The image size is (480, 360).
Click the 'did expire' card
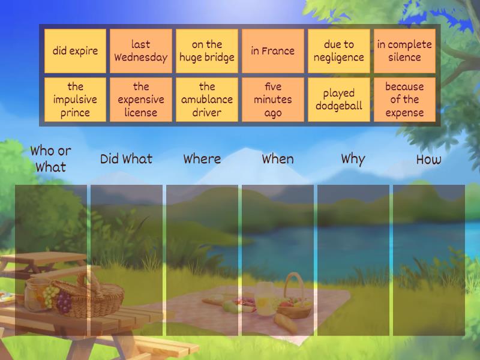pyautogui.click(x=75, y=51)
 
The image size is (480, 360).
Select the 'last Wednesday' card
pyautogui.click(x=141, y=51)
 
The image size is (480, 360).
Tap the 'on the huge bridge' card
pyautogui.click(x=207, y=51)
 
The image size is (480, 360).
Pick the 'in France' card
pyautogui.click(x=273, y=51)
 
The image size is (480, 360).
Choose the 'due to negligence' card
pyautogui.click(x=339, y=51)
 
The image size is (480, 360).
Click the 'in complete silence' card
pyautogui.click(x=404, y=51)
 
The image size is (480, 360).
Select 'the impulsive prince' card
pyautogui.click(x=75, y=100)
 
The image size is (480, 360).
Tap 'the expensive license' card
pyautogui.click(x=141, y=100)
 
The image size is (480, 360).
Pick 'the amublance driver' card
pyautogui.click(x=207, y=100)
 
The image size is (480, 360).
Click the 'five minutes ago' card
pyautogui.click(x=273, y=100)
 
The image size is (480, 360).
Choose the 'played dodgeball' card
pyautogui.click(x=339, y=100)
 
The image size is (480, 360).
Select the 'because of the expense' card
pyautogui.click(x=404, y=100)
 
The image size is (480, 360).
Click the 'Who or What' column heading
pyautogui.click(x=51, y=159)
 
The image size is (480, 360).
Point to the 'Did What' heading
pyautogui.click(x=126, y=159)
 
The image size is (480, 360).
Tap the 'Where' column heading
pyautogui.click(x=202, y=159)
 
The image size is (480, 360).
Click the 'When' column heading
pyautogui.click(x=278, y=159)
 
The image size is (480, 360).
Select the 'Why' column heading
pyautogui.click(x=353, y=160)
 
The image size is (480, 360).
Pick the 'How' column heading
pyautogui.click(x=428, y=159)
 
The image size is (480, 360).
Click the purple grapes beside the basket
pyautogui.click(x=64, y=302)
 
